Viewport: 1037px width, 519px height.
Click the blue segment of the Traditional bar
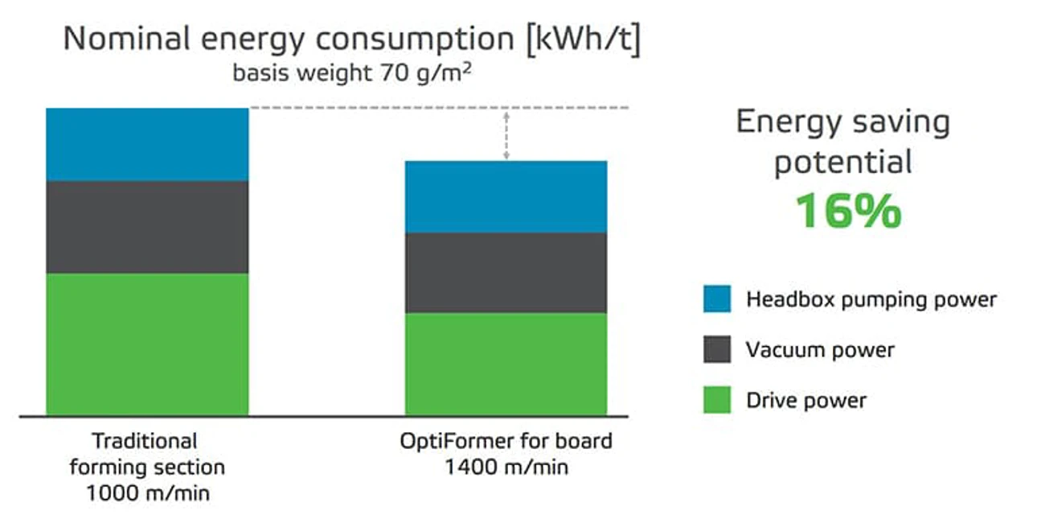(x=147, y=145)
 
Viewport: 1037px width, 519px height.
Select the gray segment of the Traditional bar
(x=147, y=227)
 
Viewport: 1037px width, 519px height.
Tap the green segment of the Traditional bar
(x=147, y=344)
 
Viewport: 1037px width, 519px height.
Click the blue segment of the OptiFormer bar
(x=506, y=197)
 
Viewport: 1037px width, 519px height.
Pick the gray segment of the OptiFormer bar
(x=506, y=273)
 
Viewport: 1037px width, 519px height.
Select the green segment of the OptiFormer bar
(x=506, y=364)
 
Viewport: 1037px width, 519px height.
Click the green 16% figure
(x=847, y=211)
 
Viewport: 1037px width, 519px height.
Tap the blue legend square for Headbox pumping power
(x=717, y=299)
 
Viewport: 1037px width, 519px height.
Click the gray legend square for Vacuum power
(x=717, y=350)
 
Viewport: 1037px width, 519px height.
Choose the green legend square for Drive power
(x=717, y=400)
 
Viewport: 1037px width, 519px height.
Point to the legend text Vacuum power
(x=820, y=350)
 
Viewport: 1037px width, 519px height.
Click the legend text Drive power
(x=806, y=400)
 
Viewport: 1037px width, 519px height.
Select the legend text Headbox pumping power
(x=871, y=299)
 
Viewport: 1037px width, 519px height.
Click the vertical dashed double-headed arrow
(x=506, y=135)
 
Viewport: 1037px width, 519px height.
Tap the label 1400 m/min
(x=506, y=466)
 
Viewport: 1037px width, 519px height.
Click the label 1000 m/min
(x=147, y=492)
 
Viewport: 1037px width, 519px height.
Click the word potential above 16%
(x=842, y=163)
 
